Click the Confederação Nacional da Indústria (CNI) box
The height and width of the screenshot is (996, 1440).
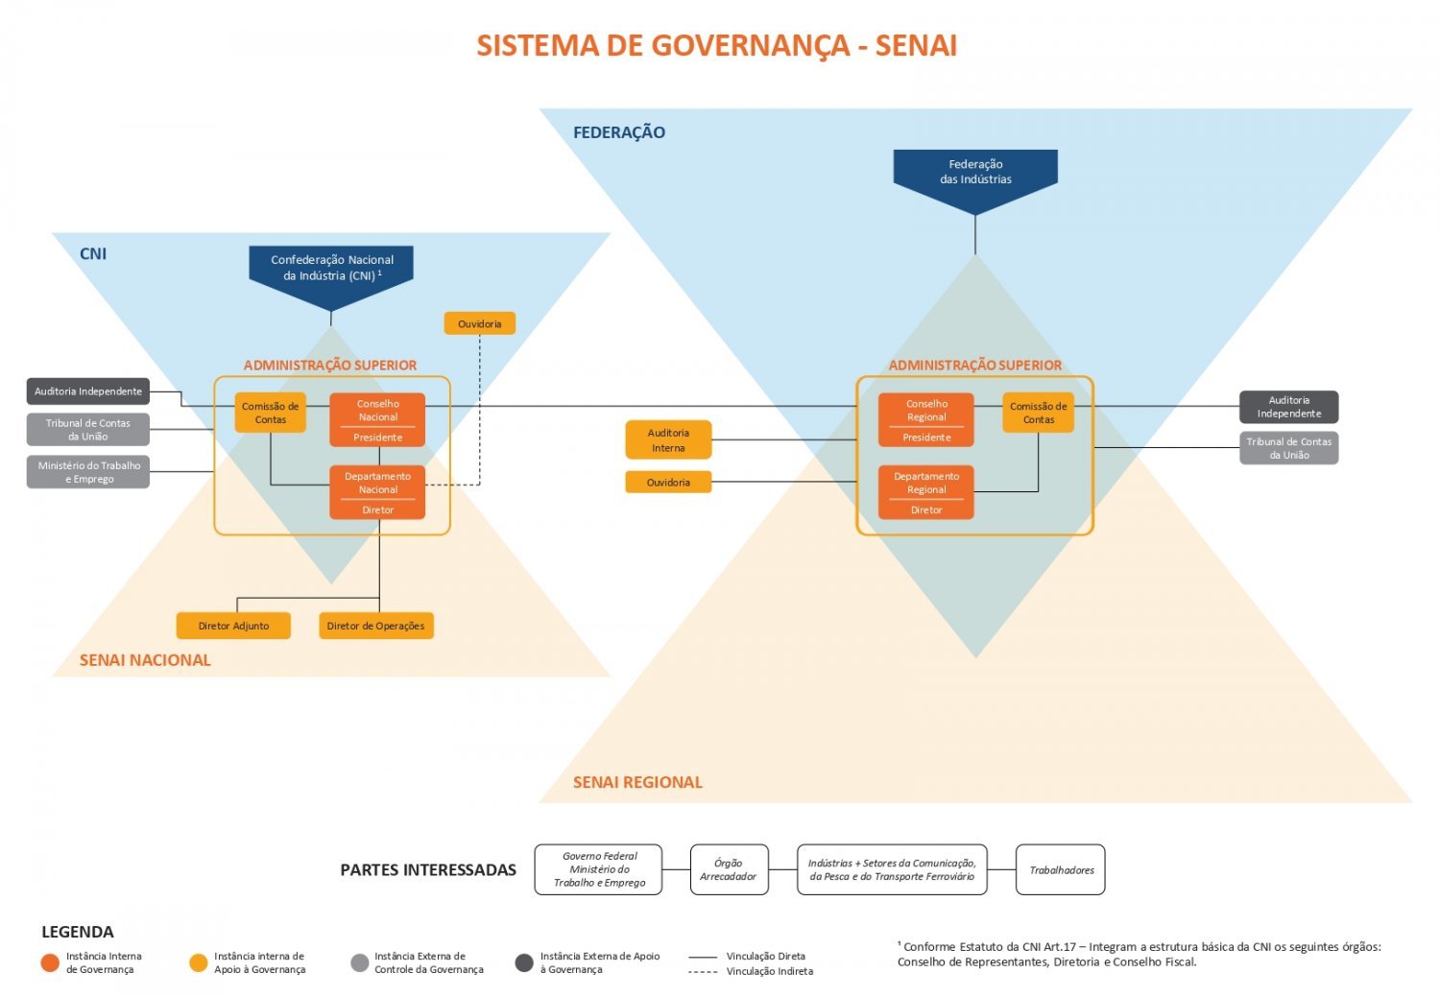pos(331,273)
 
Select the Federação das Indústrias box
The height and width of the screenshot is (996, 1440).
pos(975,177)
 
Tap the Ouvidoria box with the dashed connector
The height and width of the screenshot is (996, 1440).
pos(480,323)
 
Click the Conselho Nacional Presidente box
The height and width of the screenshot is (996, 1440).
pos(377,419)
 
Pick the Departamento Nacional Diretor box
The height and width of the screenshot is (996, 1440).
pos(377,492)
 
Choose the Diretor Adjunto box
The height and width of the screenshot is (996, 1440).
pos(233,626)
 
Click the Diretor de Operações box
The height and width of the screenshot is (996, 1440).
pos(376,626)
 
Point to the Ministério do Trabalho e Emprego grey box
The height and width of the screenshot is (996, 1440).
pos(88,472)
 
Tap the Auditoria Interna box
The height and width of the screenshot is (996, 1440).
pos(668,439)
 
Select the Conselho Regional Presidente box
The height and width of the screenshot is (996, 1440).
pos(926,419)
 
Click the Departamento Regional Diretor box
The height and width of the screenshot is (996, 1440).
pos(926,492)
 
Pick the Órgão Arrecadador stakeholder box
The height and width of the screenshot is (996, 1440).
pos(729,869)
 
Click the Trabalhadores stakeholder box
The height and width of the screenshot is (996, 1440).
pos(1061,869)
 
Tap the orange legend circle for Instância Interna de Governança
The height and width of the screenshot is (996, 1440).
pos(50,962)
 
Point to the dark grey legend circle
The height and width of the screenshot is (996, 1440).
pos(524,962)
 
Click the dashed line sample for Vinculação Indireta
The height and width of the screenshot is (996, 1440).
pos(703,972)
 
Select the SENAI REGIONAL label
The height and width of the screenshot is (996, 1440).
pos(637,782)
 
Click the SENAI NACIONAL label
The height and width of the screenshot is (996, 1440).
pos(145,660)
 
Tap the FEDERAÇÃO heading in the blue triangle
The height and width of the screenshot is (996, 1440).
pos(619,132)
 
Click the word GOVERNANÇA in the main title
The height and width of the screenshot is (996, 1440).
pos(751,46)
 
